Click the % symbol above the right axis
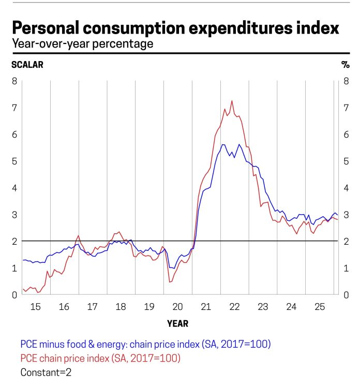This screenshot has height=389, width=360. click(x=345, y=65)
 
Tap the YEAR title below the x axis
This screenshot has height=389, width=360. click(x=177, y=324)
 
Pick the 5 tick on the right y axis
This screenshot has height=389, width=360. click(x=347, y=161)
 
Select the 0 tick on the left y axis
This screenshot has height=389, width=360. click(x=14, y=295)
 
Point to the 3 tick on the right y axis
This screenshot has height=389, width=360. click(x=347, y=215)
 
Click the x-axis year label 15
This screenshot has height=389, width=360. click(x=35, y=307)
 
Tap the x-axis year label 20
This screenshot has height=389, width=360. click(x=177, y=307)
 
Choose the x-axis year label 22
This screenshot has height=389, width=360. click(x=234, y=307)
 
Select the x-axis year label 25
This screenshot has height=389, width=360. click(x=319, y=307)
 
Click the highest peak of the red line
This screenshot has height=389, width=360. click(x=232, y=101)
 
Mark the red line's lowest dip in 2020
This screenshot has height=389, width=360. click(x=170, y=282)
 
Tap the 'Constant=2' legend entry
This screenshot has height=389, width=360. click(x=46, y=372)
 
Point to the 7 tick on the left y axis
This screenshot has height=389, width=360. click(x=14, y=108)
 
